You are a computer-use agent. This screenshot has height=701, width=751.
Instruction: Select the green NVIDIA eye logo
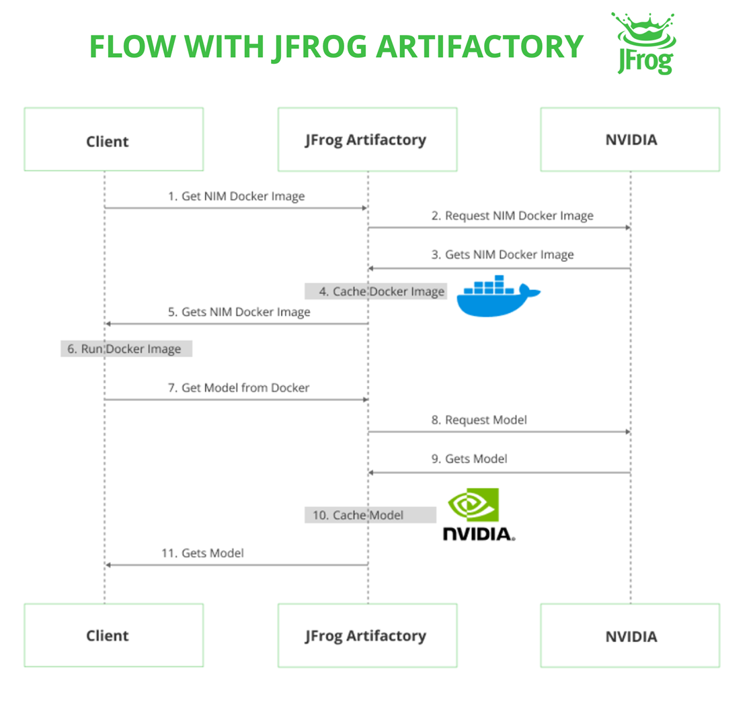click(473, 504)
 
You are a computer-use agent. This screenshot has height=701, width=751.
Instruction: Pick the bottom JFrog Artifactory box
click(367, 635)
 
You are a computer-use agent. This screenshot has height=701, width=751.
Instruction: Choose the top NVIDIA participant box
click(630, 139)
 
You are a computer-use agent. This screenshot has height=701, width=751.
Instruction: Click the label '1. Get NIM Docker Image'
click(236, 197)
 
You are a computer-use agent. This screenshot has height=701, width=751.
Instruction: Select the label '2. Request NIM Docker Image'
click(512, 216)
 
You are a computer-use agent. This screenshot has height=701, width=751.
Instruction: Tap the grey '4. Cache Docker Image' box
click(375, 291)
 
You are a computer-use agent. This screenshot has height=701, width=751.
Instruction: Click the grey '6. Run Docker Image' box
click(126, 348)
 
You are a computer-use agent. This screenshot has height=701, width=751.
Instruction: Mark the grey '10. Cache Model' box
click(370, 515)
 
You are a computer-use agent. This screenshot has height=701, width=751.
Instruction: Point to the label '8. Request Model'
click(479, 420)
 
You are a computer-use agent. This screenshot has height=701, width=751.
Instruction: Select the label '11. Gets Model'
click(202, 553)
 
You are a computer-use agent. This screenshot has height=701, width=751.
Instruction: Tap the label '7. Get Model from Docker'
click(239, 387)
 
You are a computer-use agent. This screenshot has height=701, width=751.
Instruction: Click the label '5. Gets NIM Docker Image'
click(239, 312)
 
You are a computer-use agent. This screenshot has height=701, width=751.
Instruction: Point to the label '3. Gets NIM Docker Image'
click(502, 254)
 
